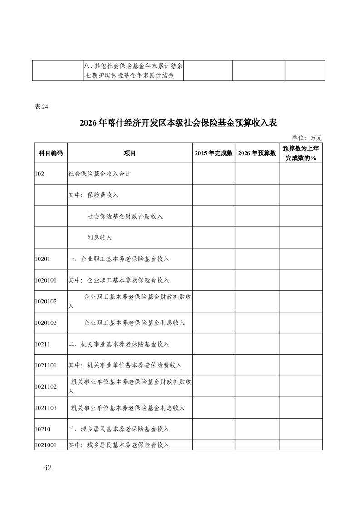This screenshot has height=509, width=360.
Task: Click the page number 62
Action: tap(47, 468)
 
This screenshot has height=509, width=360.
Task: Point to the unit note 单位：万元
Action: tap(307, 137)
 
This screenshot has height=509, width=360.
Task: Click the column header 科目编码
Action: tap(50, 153)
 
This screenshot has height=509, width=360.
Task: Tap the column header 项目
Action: tap(130, 153)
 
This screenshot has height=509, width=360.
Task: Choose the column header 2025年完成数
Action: tap(213, 153)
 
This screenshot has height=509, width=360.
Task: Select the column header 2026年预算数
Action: tap(256, 153)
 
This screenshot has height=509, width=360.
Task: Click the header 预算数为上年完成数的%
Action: tap(301, 153)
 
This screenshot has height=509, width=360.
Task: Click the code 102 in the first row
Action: tap(39, 174)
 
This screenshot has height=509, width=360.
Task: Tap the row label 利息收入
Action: tap(99, 237)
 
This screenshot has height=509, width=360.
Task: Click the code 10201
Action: tap(42, 259)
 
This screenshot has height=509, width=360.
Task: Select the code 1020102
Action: tap(45, 301)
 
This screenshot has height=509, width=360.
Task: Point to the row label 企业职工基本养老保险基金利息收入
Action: tap(134, 323)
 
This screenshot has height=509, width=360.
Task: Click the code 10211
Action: tap(42, 344)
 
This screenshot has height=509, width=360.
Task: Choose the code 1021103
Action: tap(45, 408)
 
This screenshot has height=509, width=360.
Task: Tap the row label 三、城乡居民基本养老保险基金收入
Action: tap(118, 429)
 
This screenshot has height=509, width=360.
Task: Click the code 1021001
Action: tap(45, 445)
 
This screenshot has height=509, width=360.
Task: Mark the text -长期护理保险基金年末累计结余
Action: tap(129, 76)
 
